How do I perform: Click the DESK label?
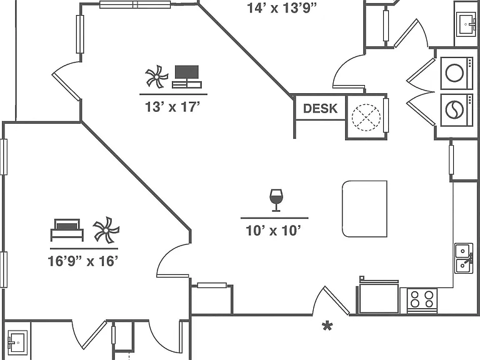[x=320, y=108]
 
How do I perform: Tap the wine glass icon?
[x=276, y=200]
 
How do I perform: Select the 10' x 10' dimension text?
[x=274, y=231]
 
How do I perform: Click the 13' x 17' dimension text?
[x=172, y=107]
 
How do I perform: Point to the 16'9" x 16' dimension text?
[x=83, y=261]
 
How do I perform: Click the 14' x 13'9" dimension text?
[x=282, y=8]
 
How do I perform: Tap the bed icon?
[x=67, y=230]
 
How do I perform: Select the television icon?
[x=187, y=76]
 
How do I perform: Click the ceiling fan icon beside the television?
[x=157, y=76]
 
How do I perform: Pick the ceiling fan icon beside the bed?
[x=106, y=230]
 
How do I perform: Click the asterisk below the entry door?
[x=327, y=326]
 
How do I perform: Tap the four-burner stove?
[x=422, y=300]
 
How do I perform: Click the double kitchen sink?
[x=464, y=258]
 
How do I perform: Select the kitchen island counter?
[x=364, y=209]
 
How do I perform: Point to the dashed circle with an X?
[x=366, y=117]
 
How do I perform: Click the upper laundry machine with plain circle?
[x=456, y=73]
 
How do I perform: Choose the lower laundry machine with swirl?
[x=456, y=109]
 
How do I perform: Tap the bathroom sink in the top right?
[x=466, y=24]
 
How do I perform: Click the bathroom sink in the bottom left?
[x=17, y=342]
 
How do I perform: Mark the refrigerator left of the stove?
[x=378, y=296]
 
